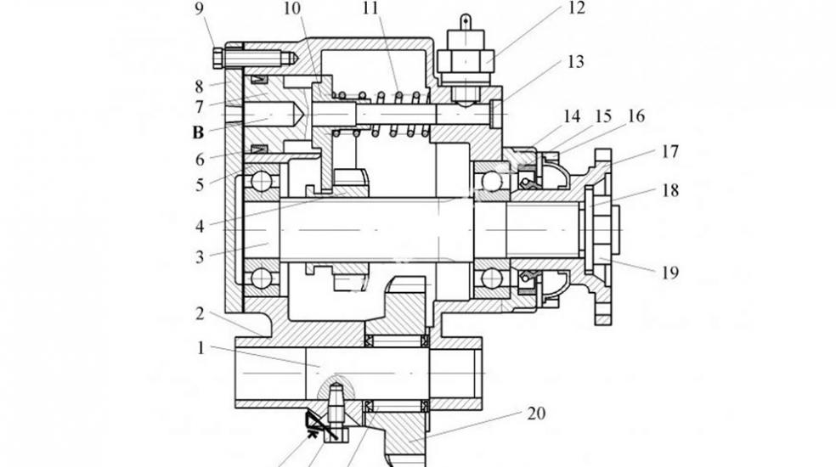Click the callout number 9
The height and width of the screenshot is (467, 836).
pyautogui.click(x=199, y=8)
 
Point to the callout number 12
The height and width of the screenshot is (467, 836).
pyautogui.click(x=577, y=8)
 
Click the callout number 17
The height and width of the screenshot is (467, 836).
pyautogui.click(x=670, y=151)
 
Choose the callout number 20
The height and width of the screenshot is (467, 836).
pyautogui.click(x=536, y=414)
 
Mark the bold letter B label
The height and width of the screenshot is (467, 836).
pyautogui.click(x=198, y=132)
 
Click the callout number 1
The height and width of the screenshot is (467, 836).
pyautogui.click(x=201, y=348)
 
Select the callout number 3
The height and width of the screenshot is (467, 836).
pyautogui.click(x=200, y=257)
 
